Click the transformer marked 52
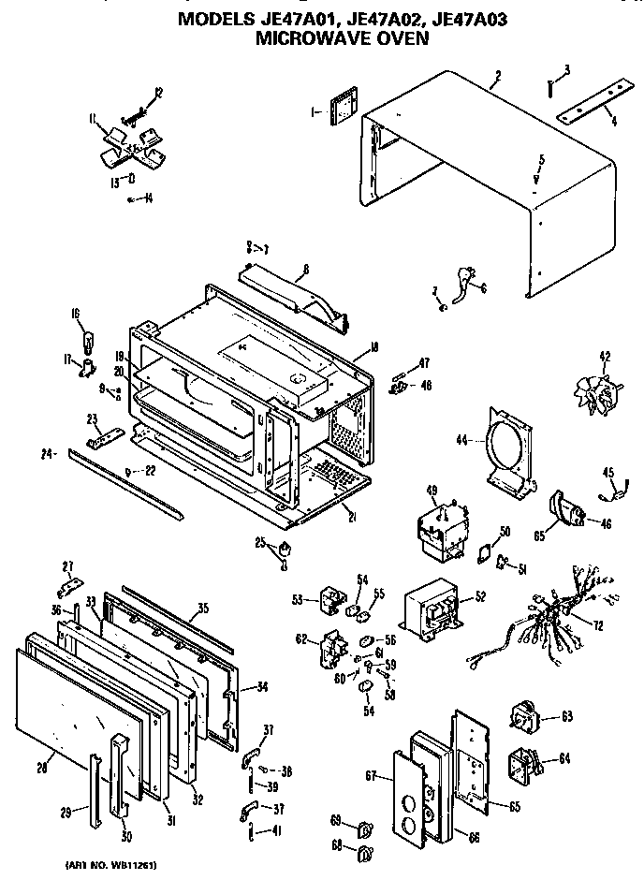[x=432, y=615]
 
